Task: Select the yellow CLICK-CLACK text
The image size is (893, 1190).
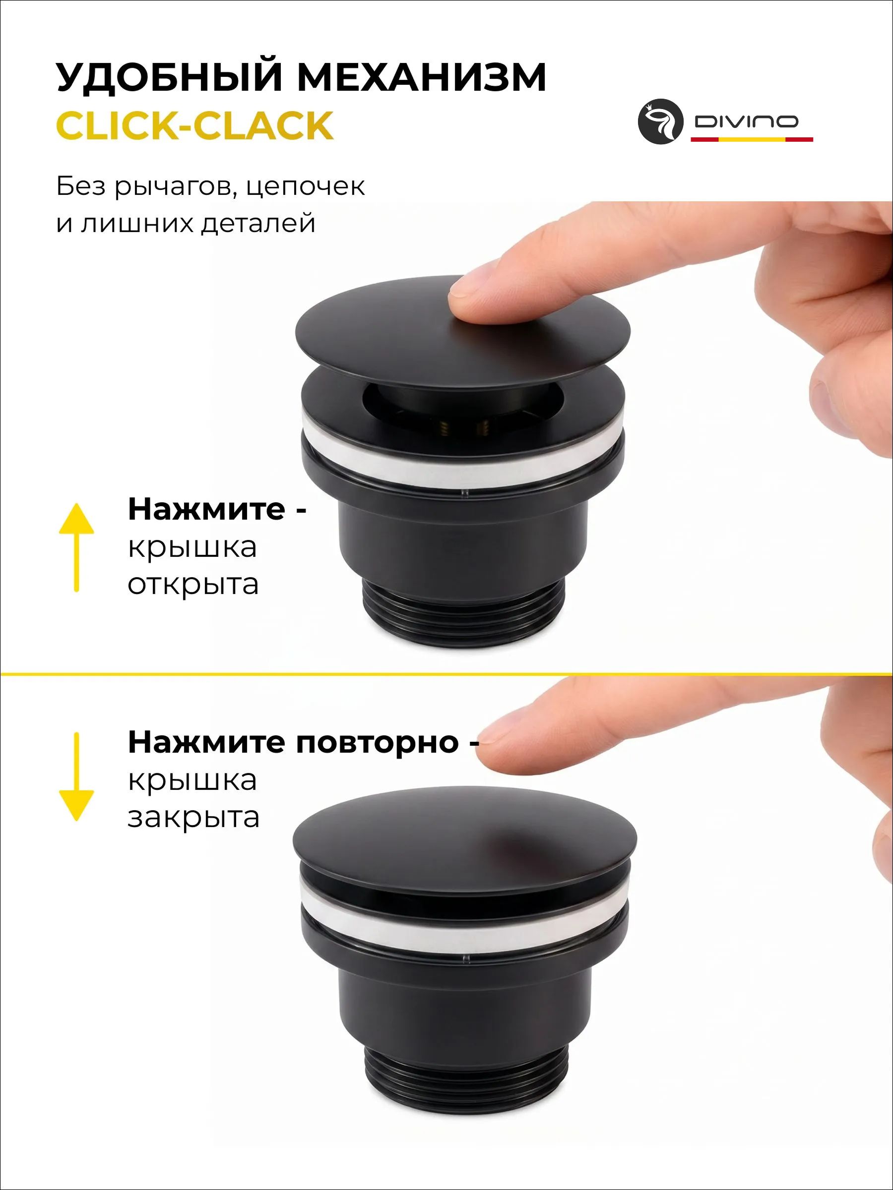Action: pyautogui.click(x=194, y=125)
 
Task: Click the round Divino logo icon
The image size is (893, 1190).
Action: pyautogui.click(x=660, y=121)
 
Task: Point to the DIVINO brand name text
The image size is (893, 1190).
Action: pyautogui.click(x=746, y=121)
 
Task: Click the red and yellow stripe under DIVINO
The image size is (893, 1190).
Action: pyautogui.click(x=752, y=139)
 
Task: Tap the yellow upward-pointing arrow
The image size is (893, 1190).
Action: pyautogui.click(x=76, y=547)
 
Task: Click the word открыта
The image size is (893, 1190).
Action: pyautogui.click(x=192, y=585)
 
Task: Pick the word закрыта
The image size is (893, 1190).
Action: pyautogui.click(x=193, y=818)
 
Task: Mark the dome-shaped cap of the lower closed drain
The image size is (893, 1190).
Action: pyautogui.click(x=464, y=840)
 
